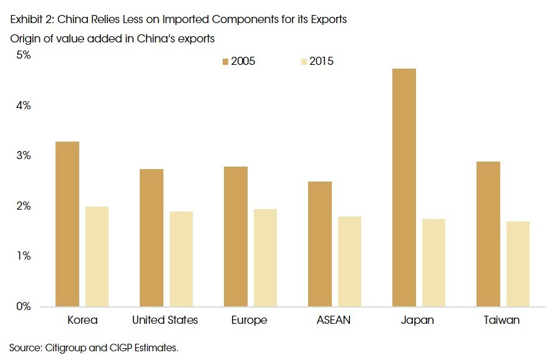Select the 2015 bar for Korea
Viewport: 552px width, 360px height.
[x=96, y=256]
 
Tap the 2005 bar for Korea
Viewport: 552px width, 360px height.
[x=67, y=224]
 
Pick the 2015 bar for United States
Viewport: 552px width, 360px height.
[x=180, y=259]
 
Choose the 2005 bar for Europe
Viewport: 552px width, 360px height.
[x=235, y=236]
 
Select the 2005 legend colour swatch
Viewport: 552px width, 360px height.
[x=226, y=61]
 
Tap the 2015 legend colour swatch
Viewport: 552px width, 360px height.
[x=304, y=61]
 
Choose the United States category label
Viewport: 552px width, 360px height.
[x=165, y=320]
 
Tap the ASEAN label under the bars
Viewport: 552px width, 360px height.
[x=333, y=320]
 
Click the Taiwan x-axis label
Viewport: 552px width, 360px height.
[x=501, y=320]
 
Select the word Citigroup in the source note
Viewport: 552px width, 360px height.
[x=65, y=347]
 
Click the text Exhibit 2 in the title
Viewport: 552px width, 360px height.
[x=29, y=20]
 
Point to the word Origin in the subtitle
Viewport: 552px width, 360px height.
[x=24, y=39]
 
